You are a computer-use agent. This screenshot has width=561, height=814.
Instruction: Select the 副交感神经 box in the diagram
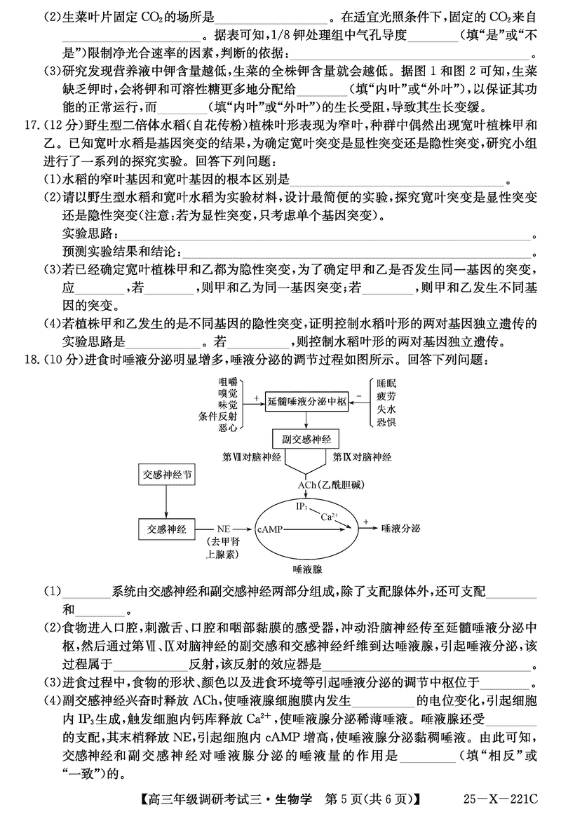pyautogui.click(x=306, y=438)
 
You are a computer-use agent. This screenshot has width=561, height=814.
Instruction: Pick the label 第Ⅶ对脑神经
pyautogui.click(x=251, y=456)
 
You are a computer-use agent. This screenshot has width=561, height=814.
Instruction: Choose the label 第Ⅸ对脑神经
pyautogui.click(x=362, y=456)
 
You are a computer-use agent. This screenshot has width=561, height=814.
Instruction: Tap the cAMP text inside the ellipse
pyautogui.click(x=272, y=529)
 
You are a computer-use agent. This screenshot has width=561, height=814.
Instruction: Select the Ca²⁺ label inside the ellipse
pyautogui.click(x=330, y=517)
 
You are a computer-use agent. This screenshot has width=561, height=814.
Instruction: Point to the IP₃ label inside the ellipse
pyautogui.click(x=300, y=506)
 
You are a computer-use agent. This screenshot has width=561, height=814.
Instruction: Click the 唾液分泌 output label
pyautogui.click(x=401, y=529)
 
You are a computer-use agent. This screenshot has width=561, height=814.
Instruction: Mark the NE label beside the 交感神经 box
pyautogui.click(x=224, y=529)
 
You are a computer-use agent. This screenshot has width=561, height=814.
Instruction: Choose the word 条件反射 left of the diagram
pyautogui.click(x=218, y=415)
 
